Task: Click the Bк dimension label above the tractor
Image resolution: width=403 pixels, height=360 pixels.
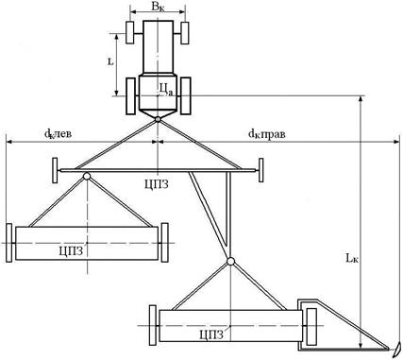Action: (x=158, y=7)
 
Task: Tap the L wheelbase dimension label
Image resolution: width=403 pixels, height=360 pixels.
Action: (x=110, y=61)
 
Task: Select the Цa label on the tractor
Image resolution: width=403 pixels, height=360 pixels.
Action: (x=166, y=90)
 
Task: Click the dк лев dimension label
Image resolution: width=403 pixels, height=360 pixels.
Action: (x=58, y=134)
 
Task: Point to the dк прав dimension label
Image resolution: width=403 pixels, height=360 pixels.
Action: (x=267, y=134)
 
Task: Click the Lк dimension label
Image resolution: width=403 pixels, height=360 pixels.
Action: (x=352, y=258)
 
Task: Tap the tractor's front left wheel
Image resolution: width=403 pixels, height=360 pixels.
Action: (x=130, y=32)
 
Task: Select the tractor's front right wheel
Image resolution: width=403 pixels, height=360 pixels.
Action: (x=185, y=33)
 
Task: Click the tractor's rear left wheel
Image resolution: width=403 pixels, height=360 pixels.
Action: (x=131, y=96)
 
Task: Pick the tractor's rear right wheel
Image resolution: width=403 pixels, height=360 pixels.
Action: (x=186, y=95)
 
